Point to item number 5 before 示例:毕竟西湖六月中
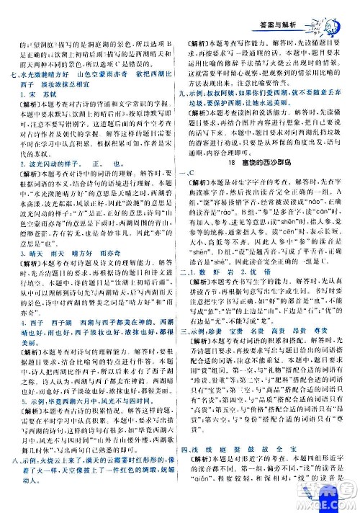[x=26, y=424]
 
